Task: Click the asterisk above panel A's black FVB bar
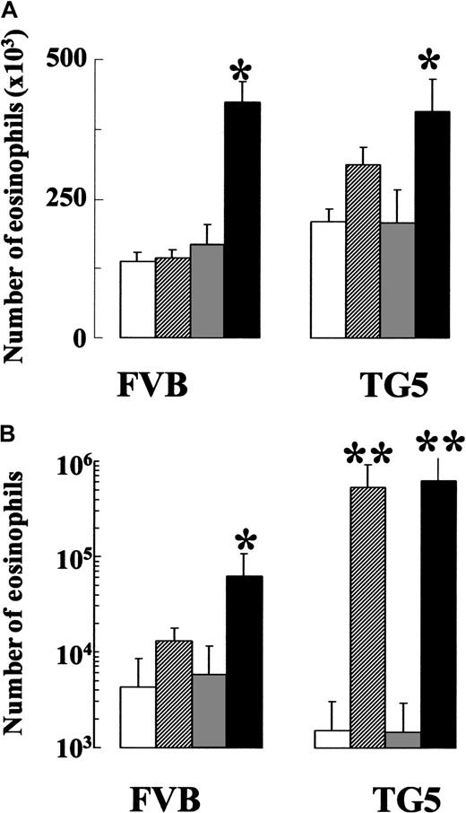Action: pos(239,71)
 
